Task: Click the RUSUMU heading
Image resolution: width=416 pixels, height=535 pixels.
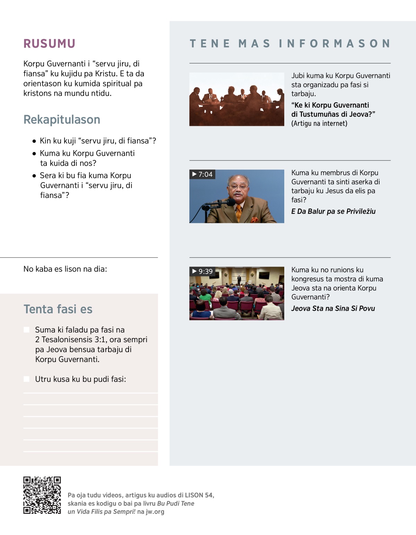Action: tap(49, 44)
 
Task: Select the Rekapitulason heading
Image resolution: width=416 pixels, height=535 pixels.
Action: tap(62, 120)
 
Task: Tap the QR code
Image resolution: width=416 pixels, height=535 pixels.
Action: tap(42, 495)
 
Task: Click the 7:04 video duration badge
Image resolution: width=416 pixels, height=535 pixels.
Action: tap(202, 174)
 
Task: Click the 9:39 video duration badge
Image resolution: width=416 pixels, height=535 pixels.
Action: tap(202, 271)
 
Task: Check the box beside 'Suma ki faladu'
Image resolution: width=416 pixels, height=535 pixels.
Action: tap(27, 330)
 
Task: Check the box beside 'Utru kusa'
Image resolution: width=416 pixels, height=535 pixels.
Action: tap(27, 379)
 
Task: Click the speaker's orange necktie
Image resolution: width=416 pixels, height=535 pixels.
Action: tap(239, 213)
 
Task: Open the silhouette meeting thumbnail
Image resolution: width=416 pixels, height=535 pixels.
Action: tap(236, 99)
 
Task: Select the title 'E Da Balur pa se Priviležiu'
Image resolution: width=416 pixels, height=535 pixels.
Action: tap(333, 212)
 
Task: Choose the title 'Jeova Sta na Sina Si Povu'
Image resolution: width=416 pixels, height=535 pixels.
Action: tap(333, 309)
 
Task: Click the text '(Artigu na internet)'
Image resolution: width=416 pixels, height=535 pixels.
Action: tap(319, 123)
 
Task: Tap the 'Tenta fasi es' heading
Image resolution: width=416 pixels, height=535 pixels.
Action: tap(58, 309)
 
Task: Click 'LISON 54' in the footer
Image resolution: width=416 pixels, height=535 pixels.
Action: tap(199, 495)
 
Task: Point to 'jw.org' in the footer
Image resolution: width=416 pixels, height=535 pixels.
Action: tap(155, 512)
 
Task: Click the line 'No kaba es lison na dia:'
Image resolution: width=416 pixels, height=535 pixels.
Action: tap(65, 269)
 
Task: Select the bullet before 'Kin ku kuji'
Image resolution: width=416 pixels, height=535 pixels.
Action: tap(34, 141)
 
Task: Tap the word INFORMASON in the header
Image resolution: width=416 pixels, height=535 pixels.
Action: tap(335, 44)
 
